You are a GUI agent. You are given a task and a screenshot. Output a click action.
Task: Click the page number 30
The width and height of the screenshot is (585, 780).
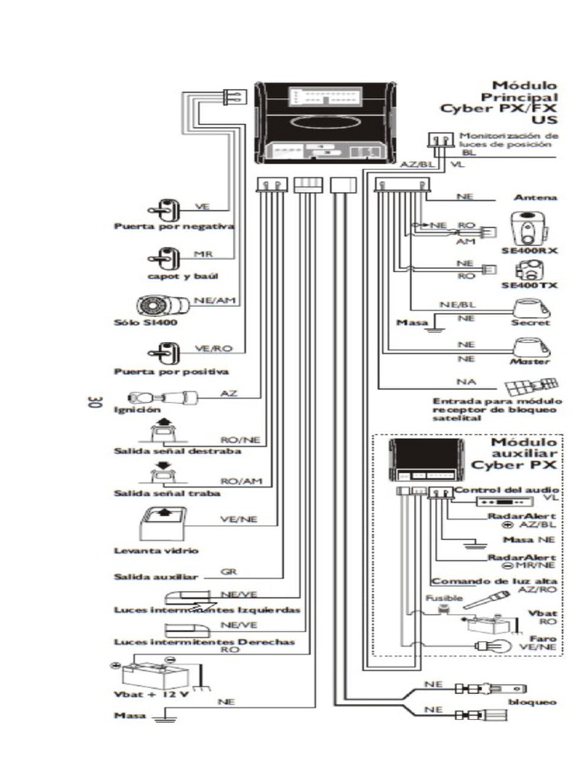click(95, 402)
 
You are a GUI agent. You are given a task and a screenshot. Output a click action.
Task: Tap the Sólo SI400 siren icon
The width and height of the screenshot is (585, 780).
click(161, 307)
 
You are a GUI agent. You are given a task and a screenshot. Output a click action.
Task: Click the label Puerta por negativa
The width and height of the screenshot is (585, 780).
click(174, 227)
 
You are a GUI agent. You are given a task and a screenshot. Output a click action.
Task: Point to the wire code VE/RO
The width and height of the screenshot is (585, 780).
click(213, 348)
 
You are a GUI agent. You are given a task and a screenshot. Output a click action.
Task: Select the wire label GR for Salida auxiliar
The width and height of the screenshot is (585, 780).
click(227, 571)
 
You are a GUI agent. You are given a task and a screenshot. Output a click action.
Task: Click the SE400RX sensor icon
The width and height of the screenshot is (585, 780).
click(527, 224)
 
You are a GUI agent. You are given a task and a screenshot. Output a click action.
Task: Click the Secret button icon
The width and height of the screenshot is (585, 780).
click(530, 308)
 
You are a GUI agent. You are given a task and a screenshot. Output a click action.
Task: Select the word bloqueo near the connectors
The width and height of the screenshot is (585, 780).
click(532, 701)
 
